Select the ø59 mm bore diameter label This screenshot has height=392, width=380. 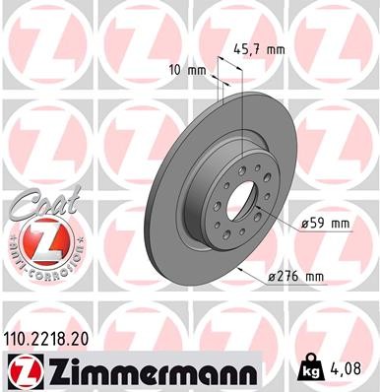click(325, 225)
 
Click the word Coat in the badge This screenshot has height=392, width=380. click(37, 204)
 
